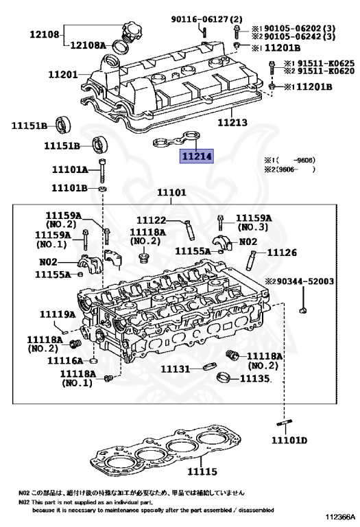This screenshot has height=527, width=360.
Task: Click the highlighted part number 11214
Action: coord(196,156)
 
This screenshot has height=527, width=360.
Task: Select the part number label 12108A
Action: coord(88,45)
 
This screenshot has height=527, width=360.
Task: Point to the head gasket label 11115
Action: coord(202,471)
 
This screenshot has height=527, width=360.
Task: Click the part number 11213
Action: coord(232,122)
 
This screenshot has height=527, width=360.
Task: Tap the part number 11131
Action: coord(175,369)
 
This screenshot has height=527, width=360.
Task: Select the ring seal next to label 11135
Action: coord(224,377)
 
